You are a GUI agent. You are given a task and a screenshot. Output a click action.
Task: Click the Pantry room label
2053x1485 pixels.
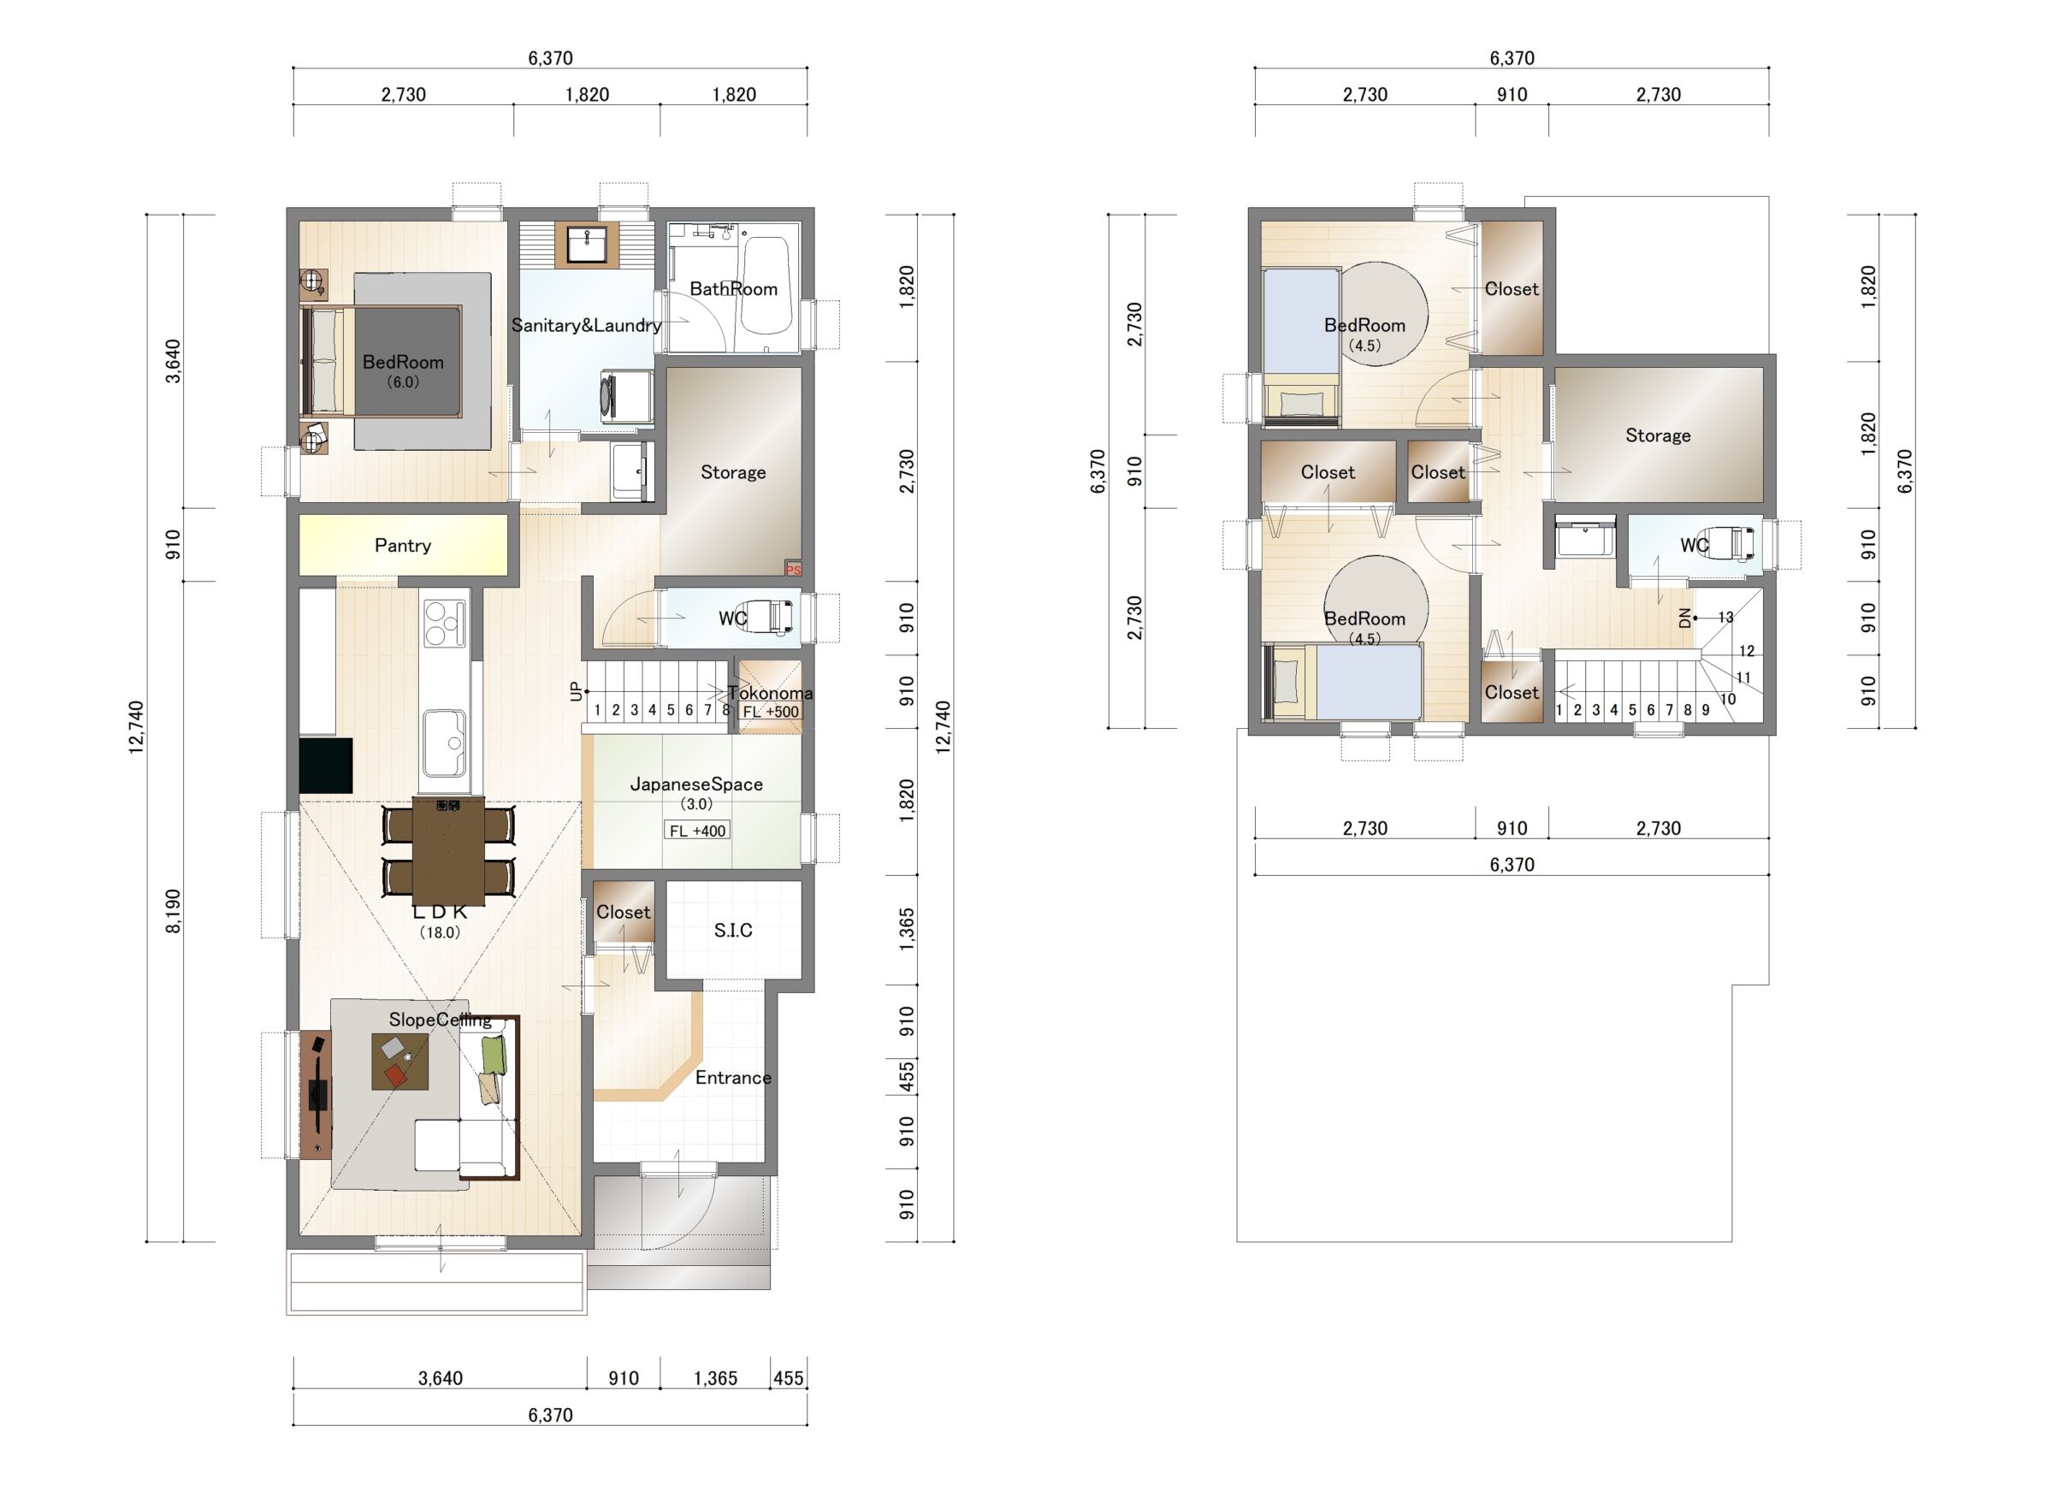point(403,546)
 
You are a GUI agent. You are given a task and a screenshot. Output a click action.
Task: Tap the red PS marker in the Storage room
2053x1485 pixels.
point(793,570)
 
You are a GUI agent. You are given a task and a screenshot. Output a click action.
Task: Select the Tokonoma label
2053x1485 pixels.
point(771,693)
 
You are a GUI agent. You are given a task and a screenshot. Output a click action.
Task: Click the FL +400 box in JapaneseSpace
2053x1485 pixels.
point(697,831)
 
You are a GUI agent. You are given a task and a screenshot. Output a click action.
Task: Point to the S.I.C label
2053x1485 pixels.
point(733,931)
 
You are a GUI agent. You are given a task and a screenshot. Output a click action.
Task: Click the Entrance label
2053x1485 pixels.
point(733,1078)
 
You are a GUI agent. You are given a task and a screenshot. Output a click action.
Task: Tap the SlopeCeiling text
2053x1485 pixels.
point(440,1020)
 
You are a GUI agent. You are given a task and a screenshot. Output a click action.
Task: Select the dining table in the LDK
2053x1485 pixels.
point(448,850)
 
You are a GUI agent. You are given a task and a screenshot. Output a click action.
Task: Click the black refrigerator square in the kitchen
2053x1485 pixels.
point(326,766)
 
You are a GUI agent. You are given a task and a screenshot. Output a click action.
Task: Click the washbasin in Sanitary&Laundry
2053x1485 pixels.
point(587,245)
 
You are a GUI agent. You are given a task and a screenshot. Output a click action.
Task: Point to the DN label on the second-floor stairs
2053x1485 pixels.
point(1684,618)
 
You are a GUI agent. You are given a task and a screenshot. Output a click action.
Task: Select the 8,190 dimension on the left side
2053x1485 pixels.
point(173,911)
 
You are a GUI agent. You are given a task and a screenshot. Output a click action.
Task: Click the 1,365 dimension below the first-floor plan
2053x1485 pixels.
point(715,1378)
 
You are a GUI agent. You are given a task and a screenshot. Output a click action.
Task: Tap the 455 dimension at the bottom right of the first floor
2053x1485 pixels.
point(789,1378)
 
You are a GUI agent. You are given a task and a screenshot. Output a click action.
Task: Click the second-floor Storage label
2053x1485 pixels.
point(1658,435)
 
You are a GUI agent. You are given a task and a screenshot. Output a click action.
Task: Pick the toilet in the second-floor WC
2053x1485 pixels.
point(1732,544)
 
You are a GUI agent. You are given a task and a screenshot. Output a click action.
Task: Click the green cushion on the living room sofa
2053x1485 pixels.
point(494,1056)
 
